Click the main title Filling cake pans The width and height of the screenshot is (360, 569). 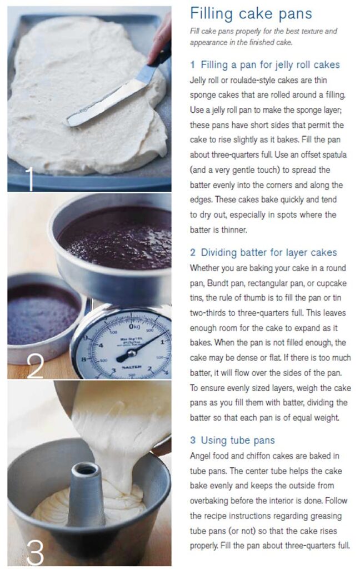point(251,13)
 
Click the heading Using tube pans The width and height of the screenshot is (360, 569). point(232,440)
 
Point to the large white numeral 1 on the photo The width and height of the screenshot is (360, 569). point(29,179)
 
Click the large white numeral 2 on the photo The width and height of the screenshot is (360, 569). point(34,366)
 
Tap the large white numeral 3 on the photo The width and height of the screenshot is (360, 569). point(34,552)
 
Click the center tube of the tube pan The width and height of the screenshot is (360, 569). point(86,495)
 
